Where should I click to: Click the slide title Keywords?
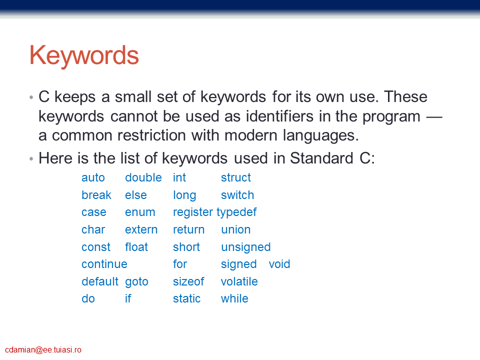(84, 55)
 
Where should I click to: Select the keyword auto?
(93, 177)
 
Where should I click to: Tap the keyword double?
(143, 177)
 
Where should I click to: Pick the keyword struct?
(236, 177)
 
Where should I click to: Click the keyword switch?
(237, 195)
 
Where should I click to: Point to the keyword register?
(193, 212)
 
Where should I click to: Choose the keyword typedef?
(236, 212)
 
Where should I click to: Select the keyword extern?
(141, 229)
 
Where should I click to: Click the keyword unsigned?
(246, 247)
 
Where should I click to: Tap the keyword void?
(279, 264)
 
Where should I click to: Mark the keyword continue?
(104, 264)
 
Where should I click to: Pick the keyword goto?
(136, 282)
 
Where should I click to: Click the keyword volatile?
(239, 281)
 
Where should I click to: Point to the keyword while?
(234, 298)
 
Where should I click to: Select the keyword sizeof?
(188, 281)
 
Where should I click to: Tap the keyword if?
(128, 298)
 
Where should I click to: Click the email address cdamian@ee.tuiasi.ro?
(43, 350)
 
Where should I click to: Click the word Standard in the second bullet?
(321, 158)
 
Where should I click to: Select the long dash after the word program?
(434, 117)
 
